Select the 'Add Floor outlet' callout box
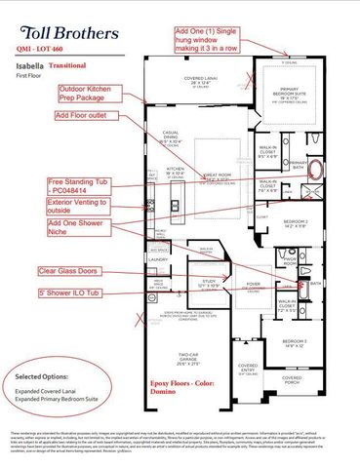[x=84, y=114]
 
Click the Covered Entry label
[x=248, y=370]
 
